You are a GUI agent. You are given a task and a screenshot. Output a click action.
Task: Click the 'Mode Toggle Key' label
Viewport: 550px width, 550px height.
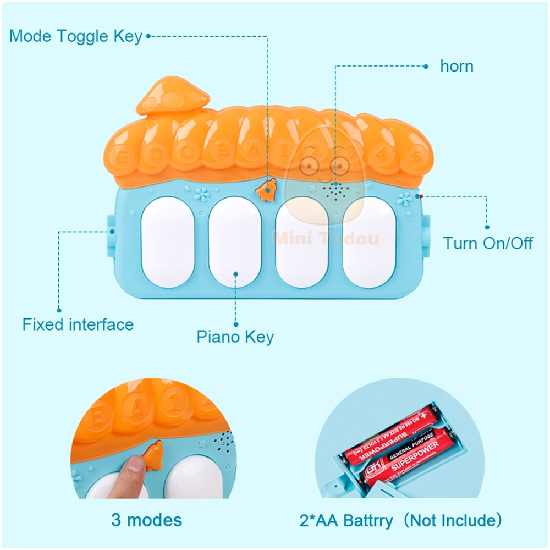(76, 36)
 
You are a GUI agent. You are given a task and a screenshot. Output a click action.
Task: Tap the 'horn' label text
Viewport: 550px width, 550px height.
(457, 67)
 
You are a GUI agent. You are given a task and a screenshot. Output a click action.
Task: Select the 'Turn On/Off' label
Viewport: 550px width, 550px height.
(488, 243)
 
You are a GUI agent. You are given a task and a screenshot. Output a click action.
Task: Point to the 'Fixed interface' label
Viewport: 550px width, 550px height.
(78, 324)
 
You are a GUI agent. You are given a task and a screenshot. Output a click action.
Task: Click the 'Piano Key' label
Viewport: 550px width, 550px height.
(235, 337)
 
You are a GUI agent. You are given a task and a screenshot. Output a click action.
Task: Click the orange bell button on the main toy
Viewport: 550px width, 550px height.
(267, 190)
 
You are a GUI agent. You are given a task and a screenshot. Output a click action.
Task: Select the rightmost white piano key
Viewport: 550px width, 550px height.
(370, 242)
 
